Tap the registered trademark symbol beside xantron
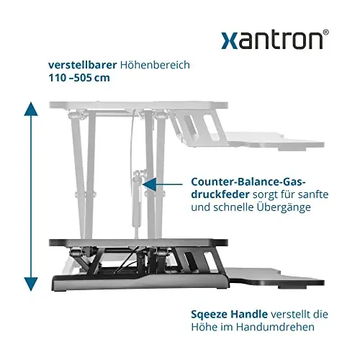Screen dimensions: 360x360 coord(325,32)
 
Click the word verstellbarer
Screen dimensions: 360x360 coord(83,65)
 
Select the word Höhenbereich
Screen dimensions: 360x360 coord(155,65)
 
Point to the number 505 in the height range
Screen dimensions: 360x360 coord(83,78)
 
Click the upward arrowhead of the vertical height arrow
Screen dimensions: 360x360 coord(31,109)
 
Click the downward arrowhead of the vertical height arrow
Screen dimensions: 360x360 coord(31,284)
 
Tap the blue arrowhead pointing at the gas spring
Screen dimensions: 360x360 coord(149,184)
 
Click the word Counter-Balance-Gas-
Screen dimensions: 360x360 coord(248,181)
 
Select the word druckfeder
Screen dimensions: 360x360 coord(220,194)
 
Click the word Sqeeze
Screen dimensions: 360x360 coord(210,315)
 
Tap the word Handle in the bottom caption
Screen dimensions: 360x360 coord(249,314)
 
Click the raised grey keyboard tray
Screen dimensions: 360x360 coord(276,141)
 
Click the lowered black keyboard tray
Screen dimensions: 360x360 coord(276,278)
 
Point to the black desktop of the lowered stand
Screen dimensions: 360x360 coord(138,243)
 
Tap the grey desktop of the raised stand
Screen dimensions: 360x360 coord(138,105)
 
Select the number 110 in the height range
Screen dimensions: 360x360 coord(57,78)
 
